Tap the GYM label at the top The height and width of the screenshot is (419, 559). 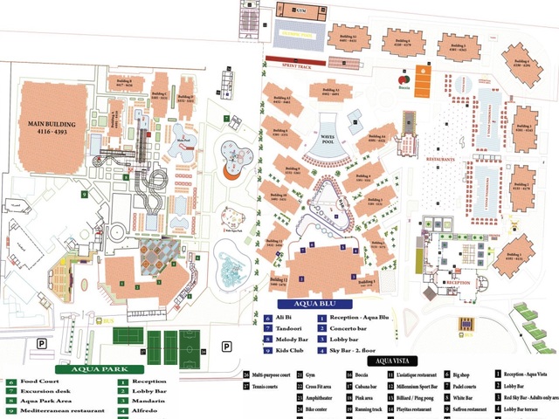pyautogui.click(x=301, y=10)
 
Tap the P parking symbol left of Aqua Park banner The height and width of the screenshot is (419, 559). pyautogui.click(x=41, y=344)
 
